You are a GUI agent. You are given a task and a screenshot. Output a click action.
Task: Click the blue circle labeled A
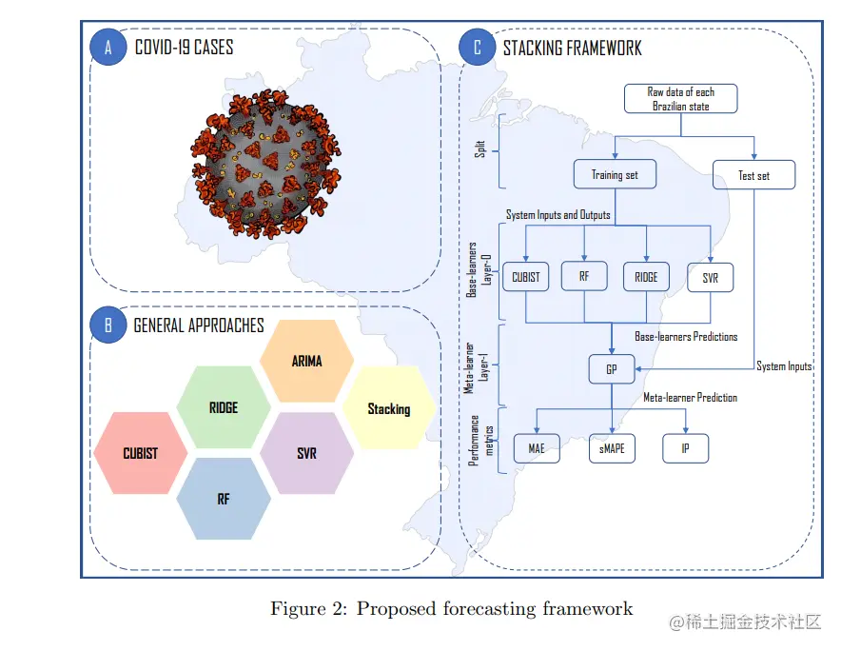(108, 49)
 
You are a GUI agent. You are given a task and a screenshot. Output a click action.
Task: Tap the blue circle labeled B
(108, 325)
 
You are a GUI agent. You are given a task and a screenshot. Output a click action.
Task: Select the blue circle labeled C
(477, 49)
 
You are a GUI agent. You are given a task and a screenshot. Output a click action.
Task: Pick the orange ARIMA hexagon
(307, 361)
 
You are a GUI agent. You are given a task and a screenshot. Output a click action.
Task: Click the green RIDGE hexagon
(224, 407)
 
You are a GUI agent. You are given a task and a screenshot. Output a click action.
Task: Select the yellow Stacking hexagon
(388, 408)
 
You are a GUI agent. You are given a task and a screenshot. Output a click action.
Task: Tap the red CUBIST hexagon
(141, 453)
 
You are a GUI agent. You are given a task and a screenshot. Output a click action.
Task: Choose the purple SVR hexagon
(306, 453)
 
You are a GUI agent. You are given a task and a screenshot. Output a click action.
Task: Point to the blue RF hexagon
(224, 498)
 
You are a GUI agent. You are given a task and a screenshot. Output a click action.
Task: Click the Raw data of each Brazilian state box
(680, 99)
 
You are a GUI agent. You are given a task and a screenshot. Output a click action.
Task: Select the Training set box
(615, 174)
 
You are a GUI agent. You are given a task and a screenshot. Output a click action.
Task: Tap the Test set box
(753, 175)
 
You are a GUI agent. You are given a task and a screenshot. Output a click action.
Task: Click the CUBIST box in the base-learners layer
(525, 277)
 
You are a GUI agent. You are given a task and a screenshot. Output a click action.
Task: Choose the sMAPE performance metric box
(612, 447)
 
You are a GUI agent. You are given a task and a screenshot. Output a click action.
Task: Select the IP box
(685, 447)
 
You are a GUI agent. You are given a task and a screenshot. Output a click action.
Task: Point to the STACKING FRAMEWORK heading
(572, 48)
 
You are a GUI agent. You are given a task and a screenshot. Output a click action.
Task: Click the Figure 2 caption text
(451, 608)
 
